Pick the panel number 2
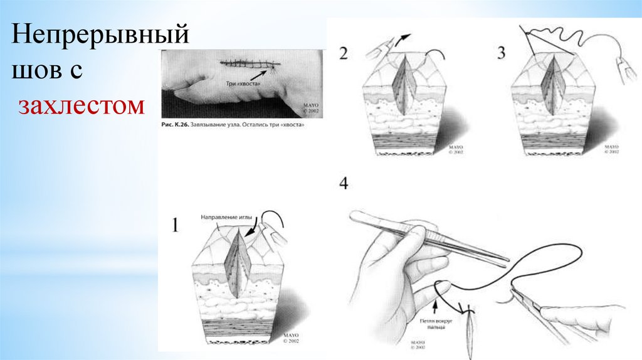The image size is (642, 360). [343, 52]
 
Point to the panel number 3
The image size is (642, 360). [501, 52]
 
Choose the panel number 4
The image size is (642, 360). [343, 184]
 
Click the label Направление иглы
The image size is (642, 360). [226, 217]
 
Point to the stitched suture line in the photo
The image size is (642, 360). [250, 63]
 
